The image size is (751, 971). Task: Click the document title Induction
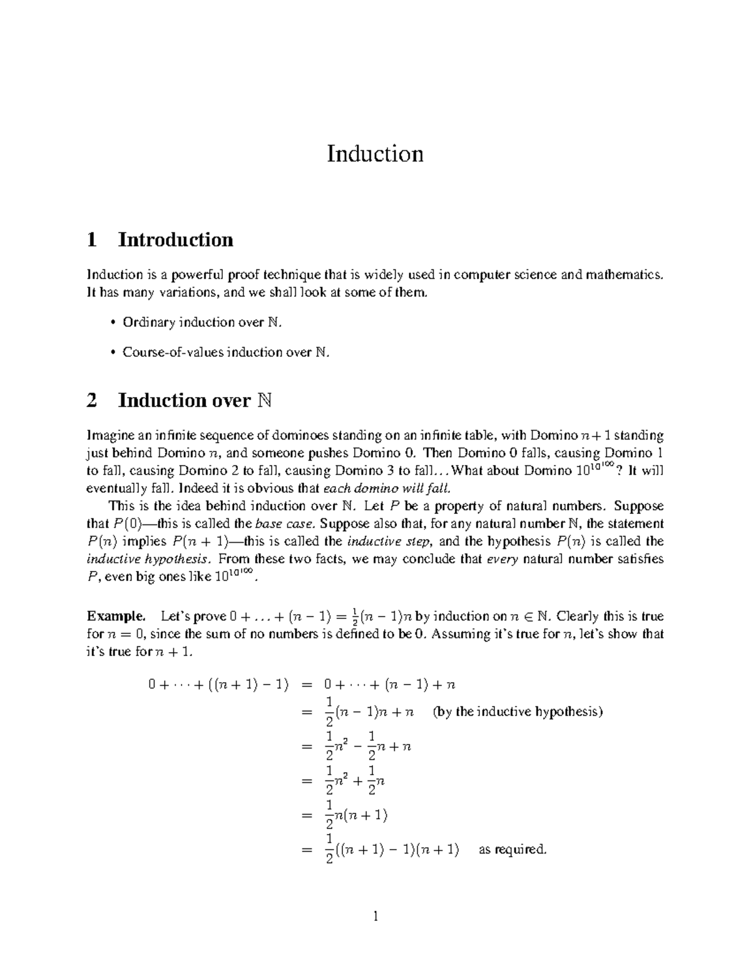pyautogui.click(x=375, y=154)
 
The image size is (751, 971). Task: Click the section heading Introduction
pyautogui.click(x=176, y=239)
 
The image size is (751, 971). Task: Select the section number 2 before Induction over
pyautogui.click(x=92, y=400)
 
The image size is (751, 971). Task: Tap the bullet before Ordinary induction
pyautogui.click(x=113, y=323)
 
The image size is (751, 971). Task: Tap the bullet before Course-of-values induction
pyautogui.click(x=113, y=353)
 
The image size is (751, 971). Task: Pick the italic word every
pyautogui.click(x=502, y=559)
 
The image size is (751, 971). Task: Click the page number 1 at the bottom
pyautogui.click(x=375, y=917)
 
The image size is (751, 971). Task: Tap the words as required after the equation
pyautogui.click(x=513, y=850)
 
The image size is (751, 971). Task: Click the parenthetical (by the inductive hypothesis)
pyautogui.click(x=518, y=712)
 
